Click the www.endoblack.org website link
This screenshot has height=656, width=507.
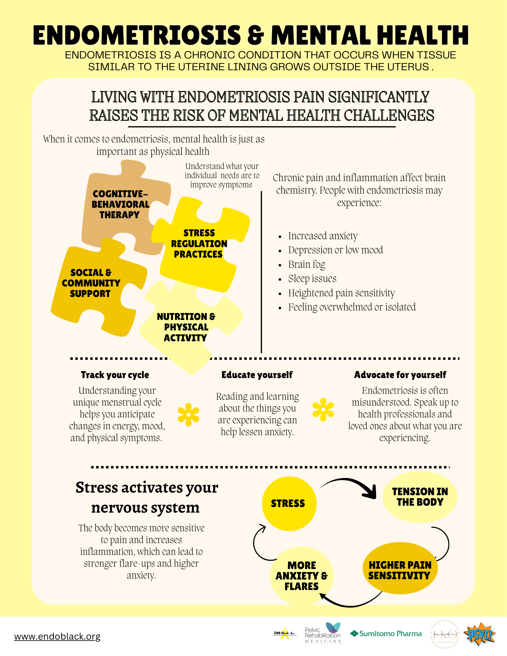57,637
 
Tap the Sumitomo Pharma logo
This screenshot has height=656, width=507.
386,634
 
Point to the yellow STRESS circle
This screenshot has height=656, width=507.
289,503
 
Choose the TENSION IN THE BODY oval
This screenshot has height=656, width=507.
420,497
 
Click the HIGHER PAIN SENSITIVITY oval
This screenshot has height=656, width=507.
400,570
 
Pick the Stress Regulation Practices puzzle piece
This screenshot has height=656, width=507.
199,243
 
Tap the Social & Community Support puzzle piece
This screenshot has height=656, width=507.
91,283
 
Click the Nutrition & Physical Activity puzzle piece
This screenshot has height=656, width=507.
186,327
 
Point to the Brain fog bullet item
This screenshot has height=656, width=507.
306,264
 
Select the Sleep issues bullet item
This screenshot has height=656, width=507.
312,279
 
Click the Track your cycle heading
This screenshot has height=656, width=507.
115,375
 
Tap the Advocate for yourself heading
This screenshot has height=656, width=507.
400,375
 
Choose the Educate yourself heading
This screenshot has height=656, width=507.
257,375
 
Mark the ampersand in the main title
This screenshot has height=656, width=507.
256,35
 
